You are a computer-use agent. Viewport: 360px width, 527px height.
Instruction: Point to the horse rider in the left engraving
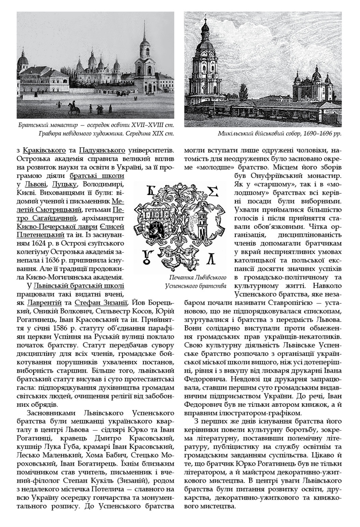point(71,108)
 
